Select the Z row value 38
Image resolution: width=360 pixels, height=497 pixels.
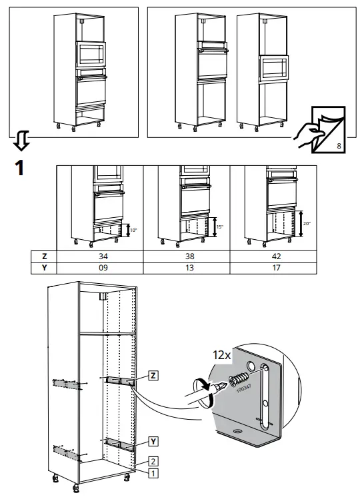point(185,256)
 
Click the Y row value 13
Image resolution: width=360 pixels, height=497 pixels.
point(185,268)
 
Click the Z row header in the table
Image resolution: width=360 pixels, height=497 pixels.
point(44,256)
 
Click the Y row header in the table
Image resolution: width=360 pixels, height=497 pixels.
point(44,268)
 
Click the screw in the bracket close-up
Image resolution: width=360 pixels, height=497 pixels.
point(237,381)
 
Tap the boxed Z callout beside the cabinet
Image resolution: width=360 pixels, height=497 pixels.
point(154,376)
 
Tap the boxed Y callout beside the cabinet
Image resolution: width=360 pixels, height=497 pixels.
point(154,441)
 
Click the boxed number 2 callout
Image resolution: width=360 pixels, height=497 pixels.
point(153,461)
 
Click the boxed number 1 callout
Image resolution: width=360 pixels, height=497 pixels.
point(153,473)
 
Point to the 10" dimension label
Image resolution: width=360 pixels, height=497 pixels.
point(133,230)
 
